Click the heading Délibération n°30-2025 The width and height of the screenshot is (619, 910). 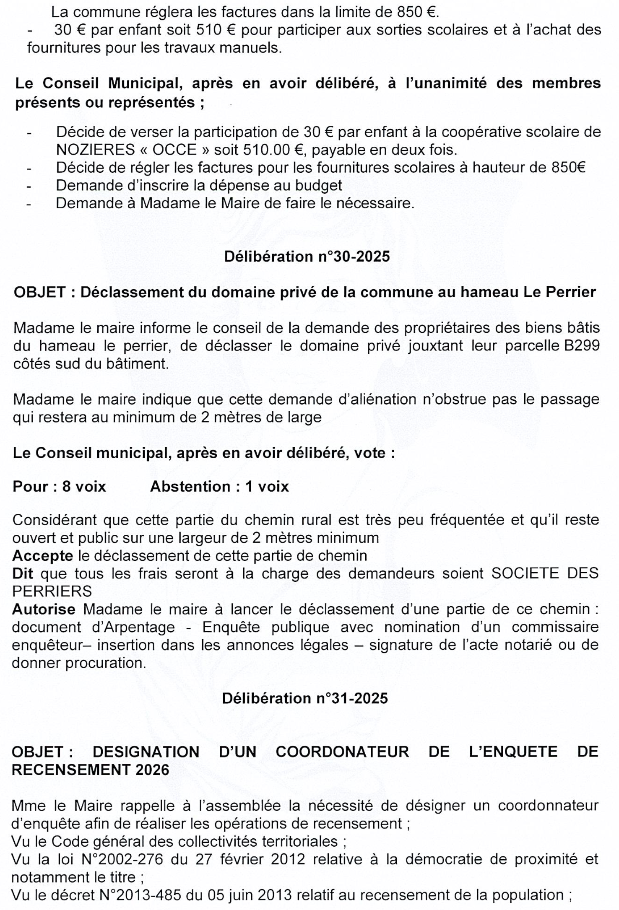[307, 256]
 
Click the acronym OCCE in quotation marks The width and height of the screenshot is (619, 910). [174, 150]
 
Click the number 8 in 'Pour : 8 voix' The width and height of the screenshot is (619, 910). [66, 486]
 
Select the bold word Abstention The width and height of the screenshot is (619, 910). [190, 486]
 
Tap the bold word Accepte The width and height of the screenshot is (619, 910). [43, 556]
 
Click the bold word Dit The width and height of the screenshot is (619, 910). [23, 573]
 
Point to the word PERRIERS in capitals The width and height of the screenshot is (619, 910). [52, 591]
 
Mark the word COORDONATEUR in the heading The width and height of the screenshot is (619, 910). [342, 752]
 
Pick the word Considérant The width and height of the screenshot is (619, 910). [55, 520]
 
